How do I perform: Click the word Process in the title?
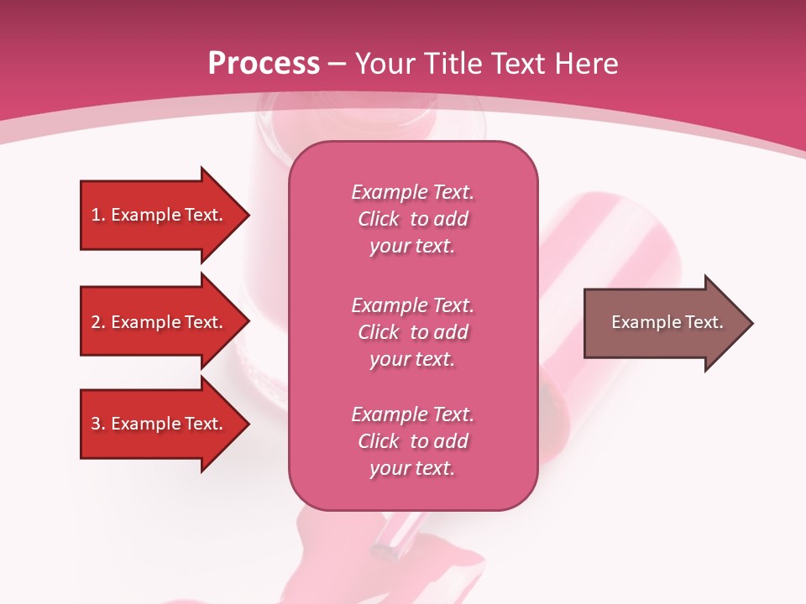(x=264, y=64)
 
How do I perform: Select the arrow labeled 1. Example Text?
(x=160, y=215)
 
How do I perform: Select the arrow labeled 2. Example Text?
(x=160, y=322)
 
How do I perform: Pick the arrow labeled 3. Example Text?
(x=160, y=424)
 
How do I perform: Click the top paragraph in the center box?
(x=412, y=219)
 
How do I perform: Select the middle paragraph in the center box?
(x=412, y=332)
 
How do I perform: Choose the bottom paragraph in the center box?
(x=412, y=441)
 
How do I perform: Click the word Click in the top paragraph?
(x=378, y=219)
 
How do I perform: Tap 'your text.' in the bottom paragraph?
(x=412, y=468)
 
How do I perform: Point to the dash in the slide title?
(x=338, y=65)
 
